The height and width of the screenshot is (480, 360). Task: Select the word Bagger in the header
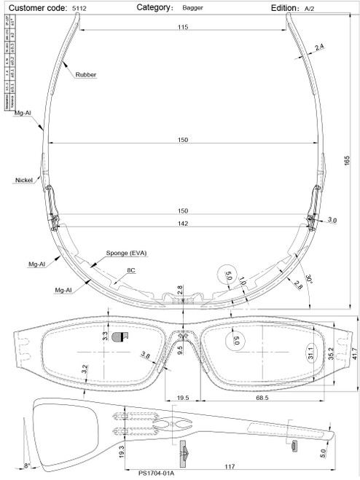click(192, 7)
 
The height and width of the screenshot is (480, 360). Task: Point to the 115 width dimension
click(182, 27)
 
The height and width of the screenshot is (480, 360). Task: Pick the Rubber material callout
click(86, 74)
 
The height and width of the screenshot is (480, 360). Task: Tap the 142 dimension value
click(182, 224)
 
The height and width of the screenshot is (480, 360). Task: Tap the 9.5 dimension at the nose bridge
click(179, 350)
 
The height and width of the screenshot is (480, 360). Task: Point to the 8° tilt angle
click(28, 465)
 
